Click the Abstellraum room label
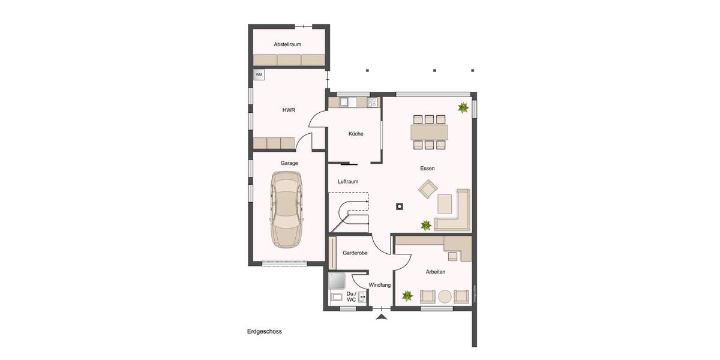pyautogui.click(x=287, y=44)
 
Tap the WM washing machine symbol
pyautogui.click(x=259, y=74)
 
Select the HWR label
pyautogui.click(x=289, y=110)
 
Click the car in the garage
pyautogui.click(x=287, y=209)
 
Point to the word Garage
pyautogui.click(x=289, y=163)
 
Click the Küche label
pyautogui.click(x=356, y=134)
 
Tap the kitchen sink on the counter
pyautogui.click(x=344, y=103)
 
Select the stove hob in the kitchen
pyautogui.click(x=373, y=103)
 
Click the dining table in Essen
pyautogui.click(x=429, y=131)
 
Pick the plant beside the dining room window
pyautogui.click(x=463, y=108)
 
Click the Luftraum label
pyautogui.click(x=348, y=181)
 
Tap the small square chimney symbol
pyautogui.click(x=399, y=207)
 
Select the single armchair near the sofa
pyautogui.click(x=428, y=190)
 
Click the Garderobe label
pyautogui.click(x=355, y=253)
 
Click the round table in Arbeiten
pyautogui.click(x=445, y=296)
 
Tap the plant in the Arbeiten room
pyautogui.click(x=407, y=296)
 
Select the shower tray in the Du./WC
pyautogui.click(x=337, y=281)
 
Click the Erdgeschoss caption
pyautogui.click(x=265, y=331)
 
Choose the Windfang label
pyautogui.click(x=380, y=285)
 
